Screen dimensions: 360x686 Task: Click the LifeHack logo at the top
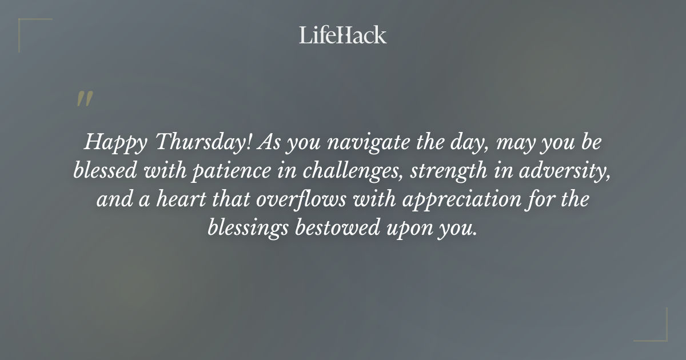tap(343, 35)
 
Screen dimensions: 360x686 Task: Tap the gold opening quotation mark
tap(84, 99)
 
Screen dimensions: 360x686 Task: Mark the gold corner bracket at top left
tap(29, 29)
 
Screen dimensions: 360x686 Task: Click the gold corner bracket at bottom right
tap(657, 331)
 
